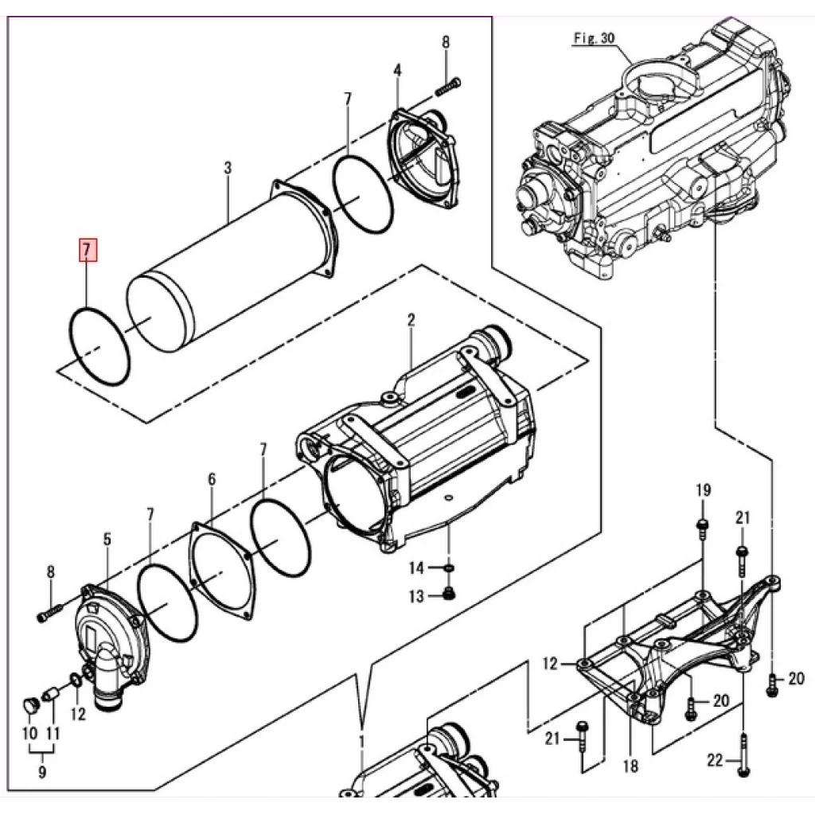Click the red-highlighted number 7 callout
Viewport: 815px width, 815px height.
pos(88,250)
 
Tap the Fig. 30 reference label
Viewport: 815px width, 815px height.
pos(594,38)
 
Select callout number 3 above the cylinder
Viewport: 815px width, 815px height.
pos(228,169)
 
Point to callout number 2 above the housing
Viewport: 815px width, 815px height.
pos(398,70)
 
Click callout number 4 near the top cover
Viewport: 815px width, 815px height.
pos(107,539)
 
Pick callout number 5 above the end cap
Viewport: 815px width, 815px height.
pos(212,479)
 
